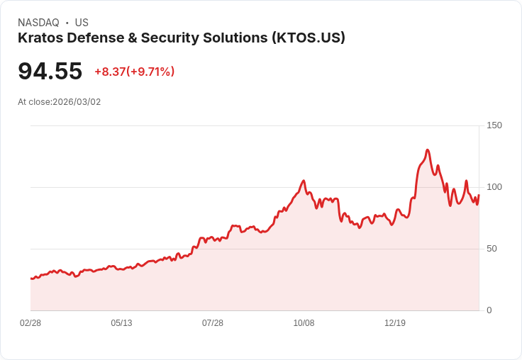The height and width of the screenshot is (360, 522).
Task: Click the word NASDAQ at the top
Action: coord(38,23)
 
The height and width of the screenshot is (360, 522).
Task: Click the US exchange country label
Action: coord(82,23)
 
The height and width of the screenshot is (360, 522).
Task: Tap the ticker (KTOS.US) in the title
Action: coord(309,38)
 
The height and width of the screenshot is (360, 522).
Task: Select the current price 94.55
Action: coord(50,71)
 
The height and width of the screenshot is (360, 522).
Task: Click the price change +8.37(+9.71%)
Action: coord(134,72)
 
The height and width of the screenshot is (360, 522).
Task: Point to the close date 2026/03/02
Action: coord(77,102)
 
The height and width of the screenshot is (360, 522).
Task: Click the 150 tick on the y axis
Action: coord(494,125)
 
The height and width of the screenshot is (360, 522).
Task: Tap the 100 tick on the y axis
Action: coord(494,187)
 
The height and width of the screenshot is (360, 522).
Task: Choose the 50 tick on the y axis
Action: coord(492,249)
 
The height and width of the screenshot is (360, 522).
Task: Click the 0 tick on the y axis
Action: coord(489,310)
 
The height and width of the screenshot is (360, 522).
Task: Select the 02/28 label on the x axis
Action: coord(30,323)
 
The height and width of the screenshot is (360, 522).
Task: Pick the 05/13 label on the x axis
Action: coord(121,323)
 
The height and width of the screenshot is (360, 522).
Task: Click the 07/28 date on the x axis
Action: coord(213,323)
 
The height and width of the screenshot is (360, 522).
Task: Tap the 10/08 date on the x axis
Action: coord(304,323)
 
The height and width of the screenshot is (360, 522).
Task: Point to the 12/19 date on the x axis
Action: coord(395,323)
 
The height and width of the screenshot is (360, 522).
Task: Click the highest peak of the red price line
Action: coord(427,150)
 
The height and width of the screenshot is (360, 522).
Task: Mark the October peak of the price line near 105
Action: coord(304,181)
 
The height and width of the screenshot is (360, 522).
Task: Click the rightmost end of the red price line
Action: coord(479,195)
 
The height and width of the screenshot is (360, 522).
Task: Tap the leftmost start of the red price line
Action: coord(31,279)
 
